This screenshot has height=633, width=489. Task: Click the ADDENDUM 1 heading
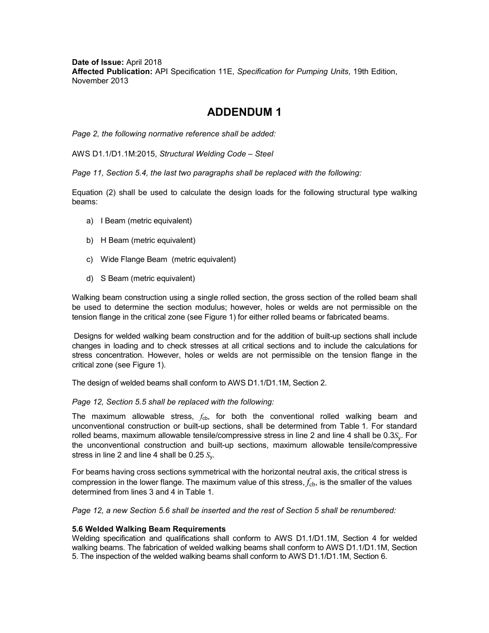(x=244, y=112)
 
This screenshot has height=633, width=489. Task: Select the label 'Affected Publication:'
(x=112, y=72)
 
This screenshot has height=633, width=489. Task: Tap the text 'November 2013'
(x=100, y=81)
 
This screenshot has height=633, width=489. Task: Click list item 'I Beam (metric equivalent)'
(x=146, y=221)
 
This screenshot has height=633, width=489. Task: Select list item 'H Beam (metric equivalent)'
(x=148, y=240)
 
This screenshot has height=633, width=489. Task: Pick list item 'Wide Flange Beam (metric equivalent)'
(x=168, y=259)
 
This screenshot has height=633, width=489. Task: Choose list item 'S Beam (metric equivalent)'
(x=148, y=278)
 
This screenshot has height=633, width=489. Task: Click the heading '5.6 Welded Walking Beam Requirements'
(x=149, y=529)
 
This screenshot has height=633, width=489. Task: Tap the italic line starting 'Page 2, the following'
(x=174, y=134)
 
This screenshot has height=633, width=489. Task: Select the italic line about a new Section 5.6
(x=234, y=511)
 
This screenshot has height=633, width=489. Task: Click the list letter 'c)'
(x=90, y=259)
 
